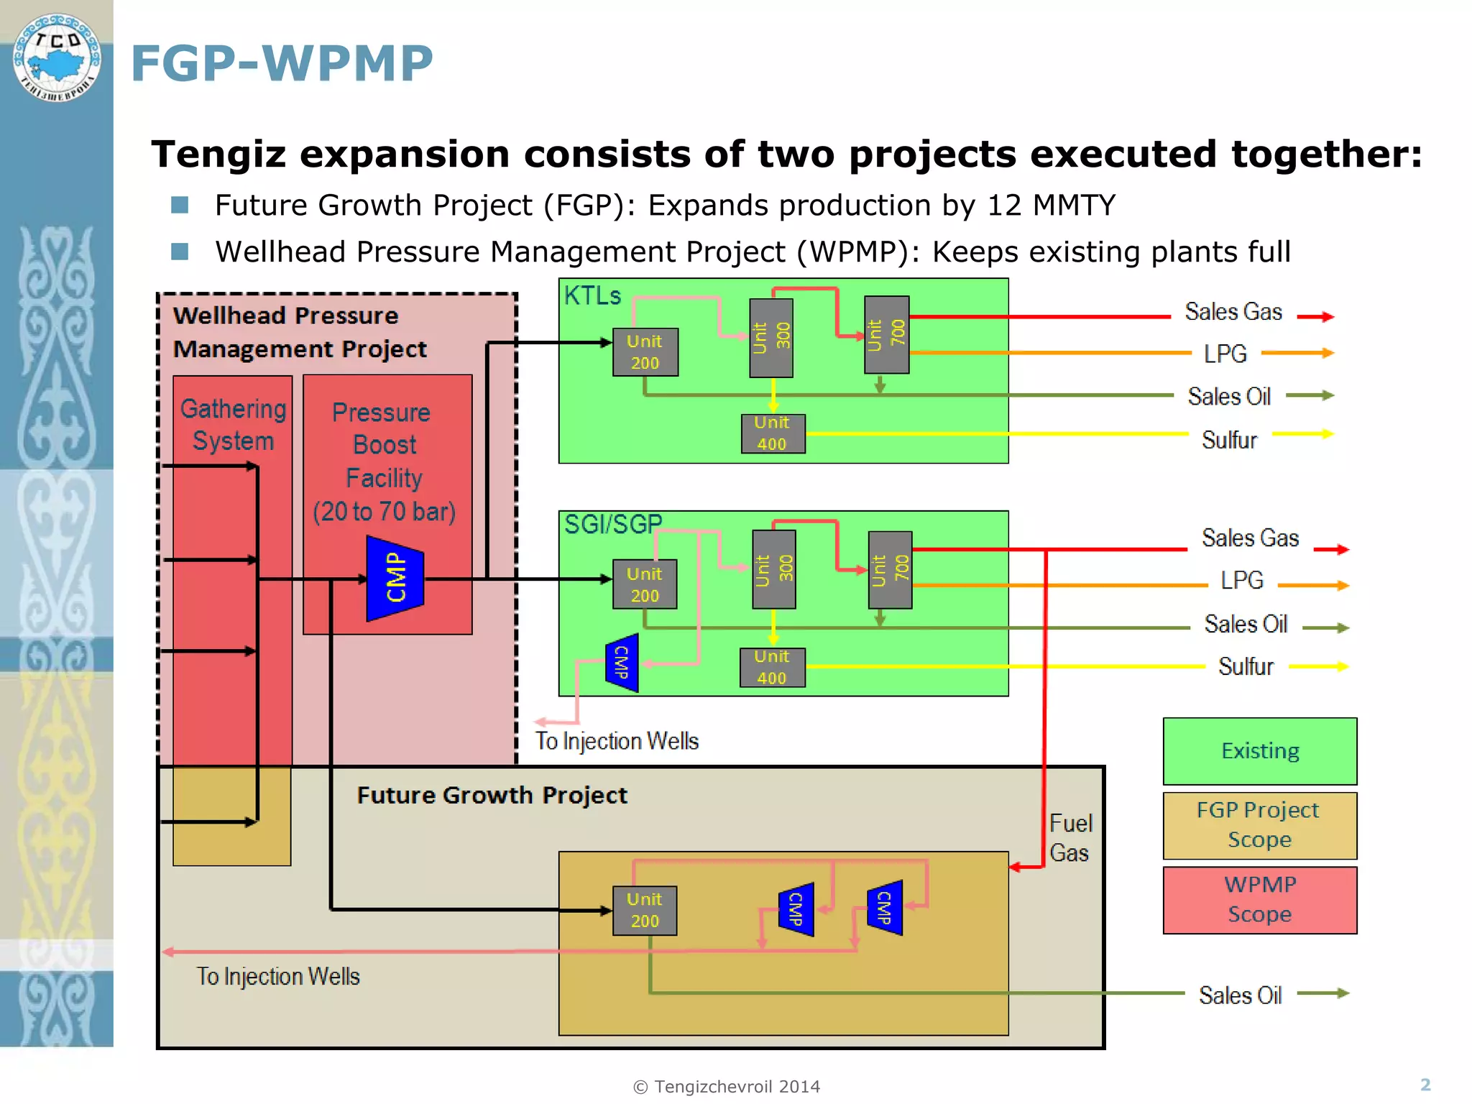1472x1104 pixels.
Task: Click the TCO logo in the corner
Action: coord(57,57)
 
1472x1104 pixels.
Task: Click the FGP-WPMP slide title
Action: coord(282,63)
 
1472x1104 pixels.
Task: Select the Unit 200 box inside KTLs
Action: coord(645,352)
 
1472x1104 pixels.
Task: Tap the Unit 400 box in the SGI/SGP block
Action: coord(772,667)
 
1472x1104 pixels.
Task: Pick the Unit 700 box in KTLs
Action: coord(886,335)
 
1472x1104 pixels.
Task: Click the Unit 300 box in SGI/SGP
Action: coord(773,569)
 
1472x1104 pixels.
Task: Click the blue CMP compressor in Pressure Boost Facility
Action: coord(395,578)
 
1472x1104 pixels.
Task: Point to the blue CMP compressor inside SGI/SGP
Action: coord(622,663)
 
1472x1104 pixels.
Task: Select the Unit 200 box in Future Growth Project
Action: coord(644,910)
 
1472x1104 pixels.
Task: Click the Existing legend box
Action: coord(1259,751)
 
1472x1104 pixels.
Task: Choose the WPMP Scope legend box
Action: coord(1259,900)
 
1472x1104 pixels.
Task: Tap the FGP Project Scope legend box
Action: coord(1259,825)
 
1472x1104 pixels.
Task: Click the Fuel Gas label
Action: coord(1069,838)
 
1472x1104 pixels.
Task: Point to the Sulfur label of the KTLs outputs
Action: coord(1229,440)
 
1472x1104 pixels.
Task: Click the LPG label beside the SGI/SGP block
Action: coord(1241,580)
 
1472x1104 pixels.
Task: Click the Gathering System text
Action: coord(233,425)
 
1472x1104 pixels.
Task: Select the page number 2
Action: coord(1425,1085)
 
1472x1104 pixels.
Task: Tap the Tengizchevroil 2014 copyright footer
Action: coord(726,1087)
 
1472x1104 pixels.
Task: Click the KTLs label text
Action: coord(592,296)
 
